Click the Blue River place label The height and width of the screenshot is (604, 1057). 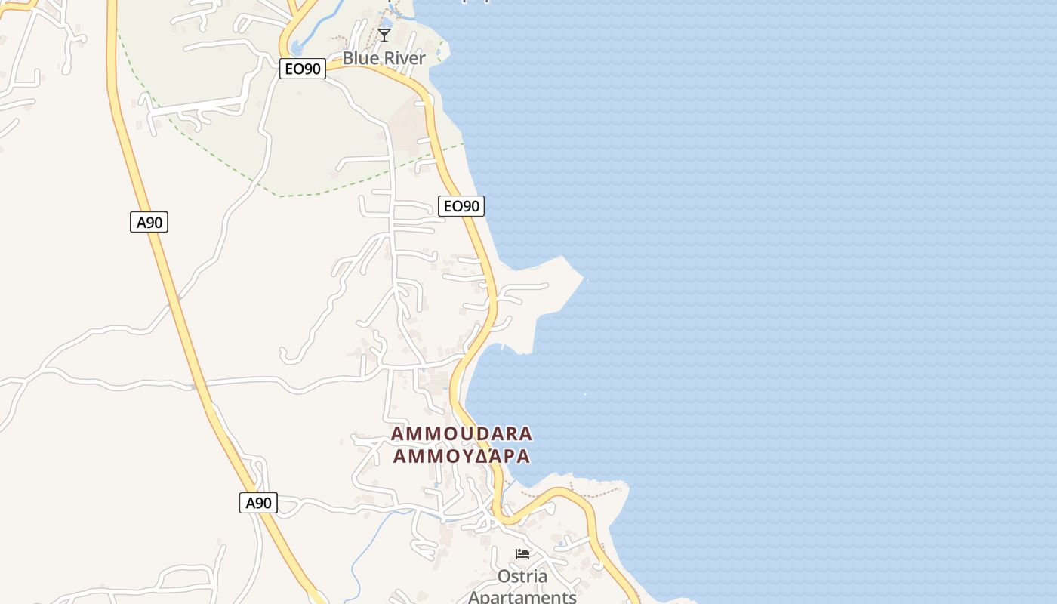(384, 58)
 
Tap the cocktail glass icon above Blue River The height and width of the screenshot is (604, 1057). (384, 35)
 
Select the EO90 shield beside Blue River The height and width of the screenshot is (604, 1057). (302, 69)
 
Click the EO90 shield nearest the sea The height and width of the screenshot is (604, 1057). (461, 205)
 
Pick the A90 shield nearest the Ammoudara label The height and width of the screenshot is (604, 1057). (258, 503)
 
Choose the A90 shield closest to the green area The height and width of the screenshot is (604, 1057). (149, 222)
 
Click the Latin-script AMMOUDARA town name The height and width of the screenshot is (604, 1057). (462, 434)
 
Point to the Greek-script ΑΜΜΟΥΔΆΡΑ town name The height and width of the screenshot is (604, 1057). (462, 457)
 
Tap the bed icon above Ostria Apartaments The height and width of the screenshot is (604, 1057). (522, 554)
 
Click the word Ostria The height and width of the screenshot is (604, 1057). (522, 577)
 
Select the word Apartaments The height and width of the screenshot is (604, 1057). (522, 596)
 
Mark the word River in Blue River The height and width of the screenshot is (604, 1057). (404, 58)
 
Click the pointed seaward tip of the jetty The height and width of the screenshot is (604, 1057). (584, 279)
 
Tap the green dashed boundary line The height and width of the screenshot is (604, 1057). (317, 193)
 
